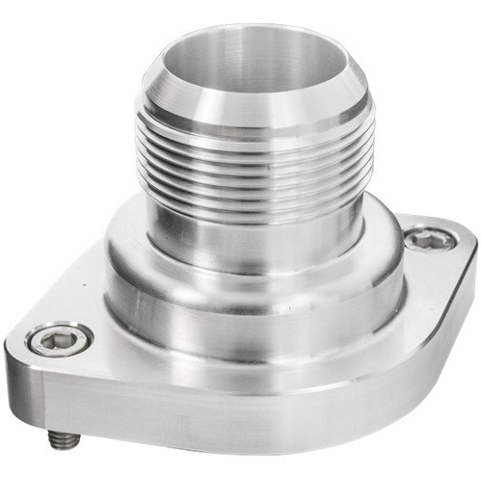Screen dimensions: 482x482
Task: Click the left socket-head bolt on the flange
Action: pyautogui.click(x=60, y=338)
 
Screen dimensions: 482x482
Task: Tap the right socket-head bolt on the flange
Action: pyautogui.click(x=421, y=238)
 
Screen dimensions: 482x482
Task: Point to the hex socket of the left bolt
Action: pyautogui.click(x=60, y=338)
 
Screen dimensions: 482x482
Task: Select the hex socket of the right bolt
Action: pyautogui.click(x=421, y=238)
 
